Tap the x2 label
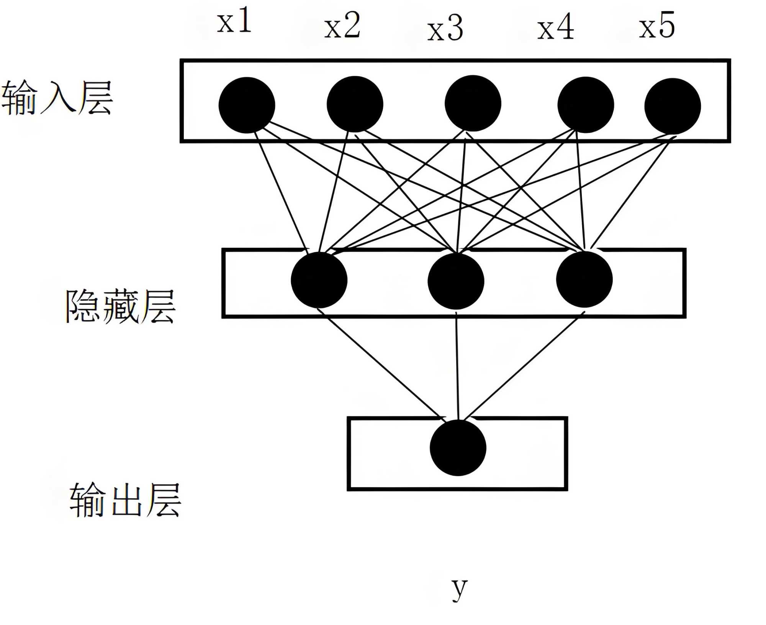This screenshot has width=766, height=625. (x=342, y=25)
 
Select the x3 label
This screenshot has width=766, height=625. (x=445, y=28)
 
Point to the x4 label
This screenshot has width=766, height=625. (x=555, y=27)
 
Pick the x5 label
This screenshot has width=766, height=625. (x=656, y=25)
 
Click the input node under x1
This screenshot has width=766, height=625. (x=247, y=105)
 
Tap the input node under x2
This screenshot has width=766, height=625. (x=355, y=104)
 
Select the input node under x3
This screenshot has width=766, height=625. (x=473, y=103)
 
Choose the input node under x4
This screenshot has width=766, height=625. (x=586, y=105)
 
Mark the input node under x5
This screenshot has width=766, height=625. (x=673, y=106)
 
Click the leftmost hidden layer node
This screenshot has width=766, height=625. (x=319, y=280)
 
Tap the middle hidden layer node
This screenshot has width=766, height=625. (x=456, y=281)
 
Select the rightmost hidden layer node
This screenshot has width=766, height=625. (x=584, y=280)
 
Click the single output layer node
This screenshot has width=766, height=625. (x=458, y=448)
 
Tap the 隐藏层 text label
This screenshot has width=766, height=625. (x=120, y=306)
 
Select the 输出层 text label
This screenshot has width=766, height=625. (x=125, y=500)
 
